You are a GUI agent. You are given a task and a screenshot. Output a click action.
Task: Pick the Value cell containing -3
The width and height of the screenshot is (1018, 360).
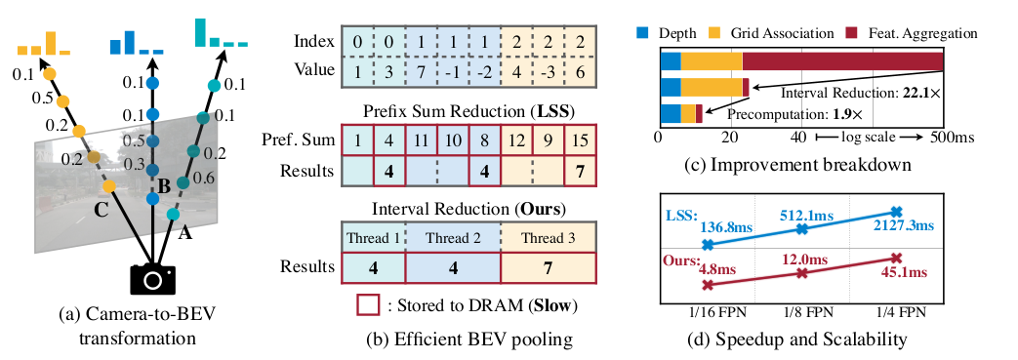tap(549, 73)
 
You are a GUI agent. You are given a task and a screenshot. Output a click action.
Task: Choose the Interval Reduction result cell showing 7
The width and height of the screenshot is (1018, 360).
tap(549, 264)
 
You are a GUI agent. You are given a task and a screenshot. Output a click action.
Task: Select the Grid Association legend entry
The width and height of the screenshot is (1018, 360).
tap(796, 33)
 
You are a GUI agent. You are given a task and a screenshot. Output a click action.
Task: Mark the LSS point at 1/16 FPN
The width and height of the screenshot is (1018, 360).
tap(708, 245)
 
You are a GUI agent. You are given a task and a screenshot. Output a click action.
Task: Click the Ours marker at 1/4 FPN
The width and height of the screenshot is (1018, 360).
tap(896, 258)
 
